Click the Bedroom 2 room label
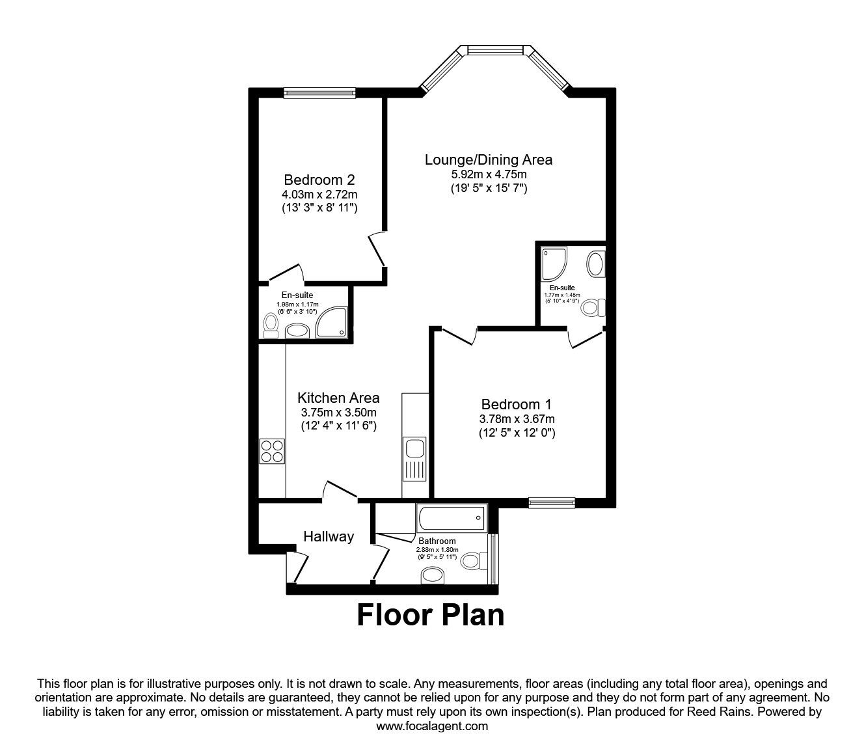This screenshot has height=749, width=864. tap(319, 180)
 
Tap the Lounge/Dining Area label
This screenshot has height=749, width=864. tap(488, 159)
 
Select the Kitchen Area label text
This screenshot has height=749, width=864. tap(338, 398)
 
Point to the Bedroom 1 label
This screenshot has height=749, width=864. tap(517, 404)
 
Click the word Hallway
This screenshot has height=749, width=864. tap(329, 536)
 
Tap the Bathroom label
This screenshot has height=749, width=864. tap(437, 541)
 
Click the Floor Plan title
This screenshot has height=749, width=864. tap(431, 615)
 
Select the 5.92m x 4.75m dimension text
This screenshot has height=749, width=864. tap(488, 174)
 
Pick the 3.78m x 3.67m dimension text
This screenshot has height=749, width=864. tap(517, 419)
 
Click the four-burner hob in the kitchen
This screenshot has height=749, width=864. tap(272, 450)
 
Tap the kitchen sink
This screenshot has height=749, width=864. tap(414, 449)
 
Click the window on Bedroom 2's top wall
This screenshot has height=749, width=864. tap(319, 93)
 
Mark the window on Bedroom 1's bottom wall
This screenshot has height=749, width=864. tap(552, 501)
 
